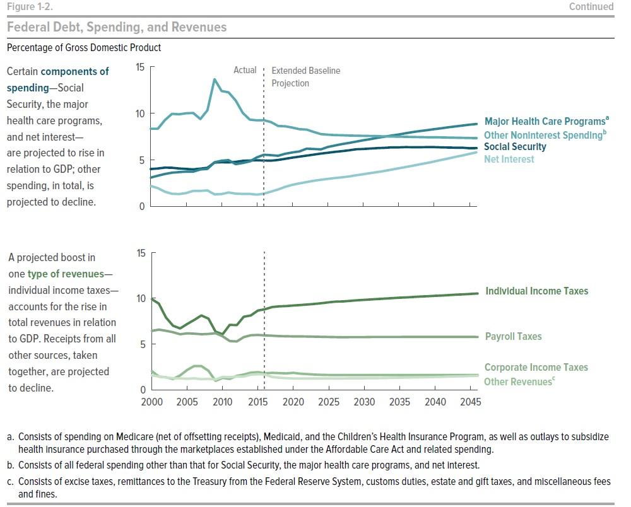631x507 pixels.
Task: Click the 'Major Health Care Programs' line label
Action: tap(546, 121)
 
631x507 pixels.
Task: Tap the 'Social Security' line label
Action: tap(515, 147)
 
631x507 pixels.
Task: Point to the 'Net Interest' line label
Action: tap(509, 159)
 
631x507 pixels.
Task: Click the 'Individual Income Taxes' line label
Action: tap(537, 291)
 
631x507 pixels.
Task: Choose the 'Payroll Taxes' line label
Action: tap(514, 337)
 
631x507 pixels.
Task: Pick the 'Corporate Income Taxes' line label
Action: tap(536, 368)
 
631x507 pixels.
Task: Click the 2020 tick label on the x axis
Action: tap(293, 402)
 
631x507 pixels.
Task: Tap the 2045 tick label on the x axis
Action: tap(471, 402)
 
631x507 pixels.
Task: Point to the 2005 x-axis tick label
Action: tap(187, 402)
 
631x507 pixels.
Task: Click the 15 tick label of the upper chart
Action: tap(140, 67)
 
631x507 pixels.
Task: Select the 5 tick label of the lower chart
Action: tap(143, 344)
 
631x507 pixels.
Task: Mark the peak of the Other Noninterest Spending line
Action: tap(215, 79)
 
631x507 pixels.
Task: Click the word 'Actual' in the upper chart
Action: tap(245, 70)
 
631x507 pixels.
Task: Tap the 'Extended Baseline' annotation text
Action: tap(306, 71)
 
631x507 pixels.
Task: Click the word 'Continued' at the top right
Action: tap(591, 6)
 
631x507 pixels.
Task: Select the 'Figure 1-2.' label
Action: tap(30, 7)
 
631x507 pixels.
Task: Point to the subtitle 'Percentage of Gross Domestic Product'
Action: tap(84, 48)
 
